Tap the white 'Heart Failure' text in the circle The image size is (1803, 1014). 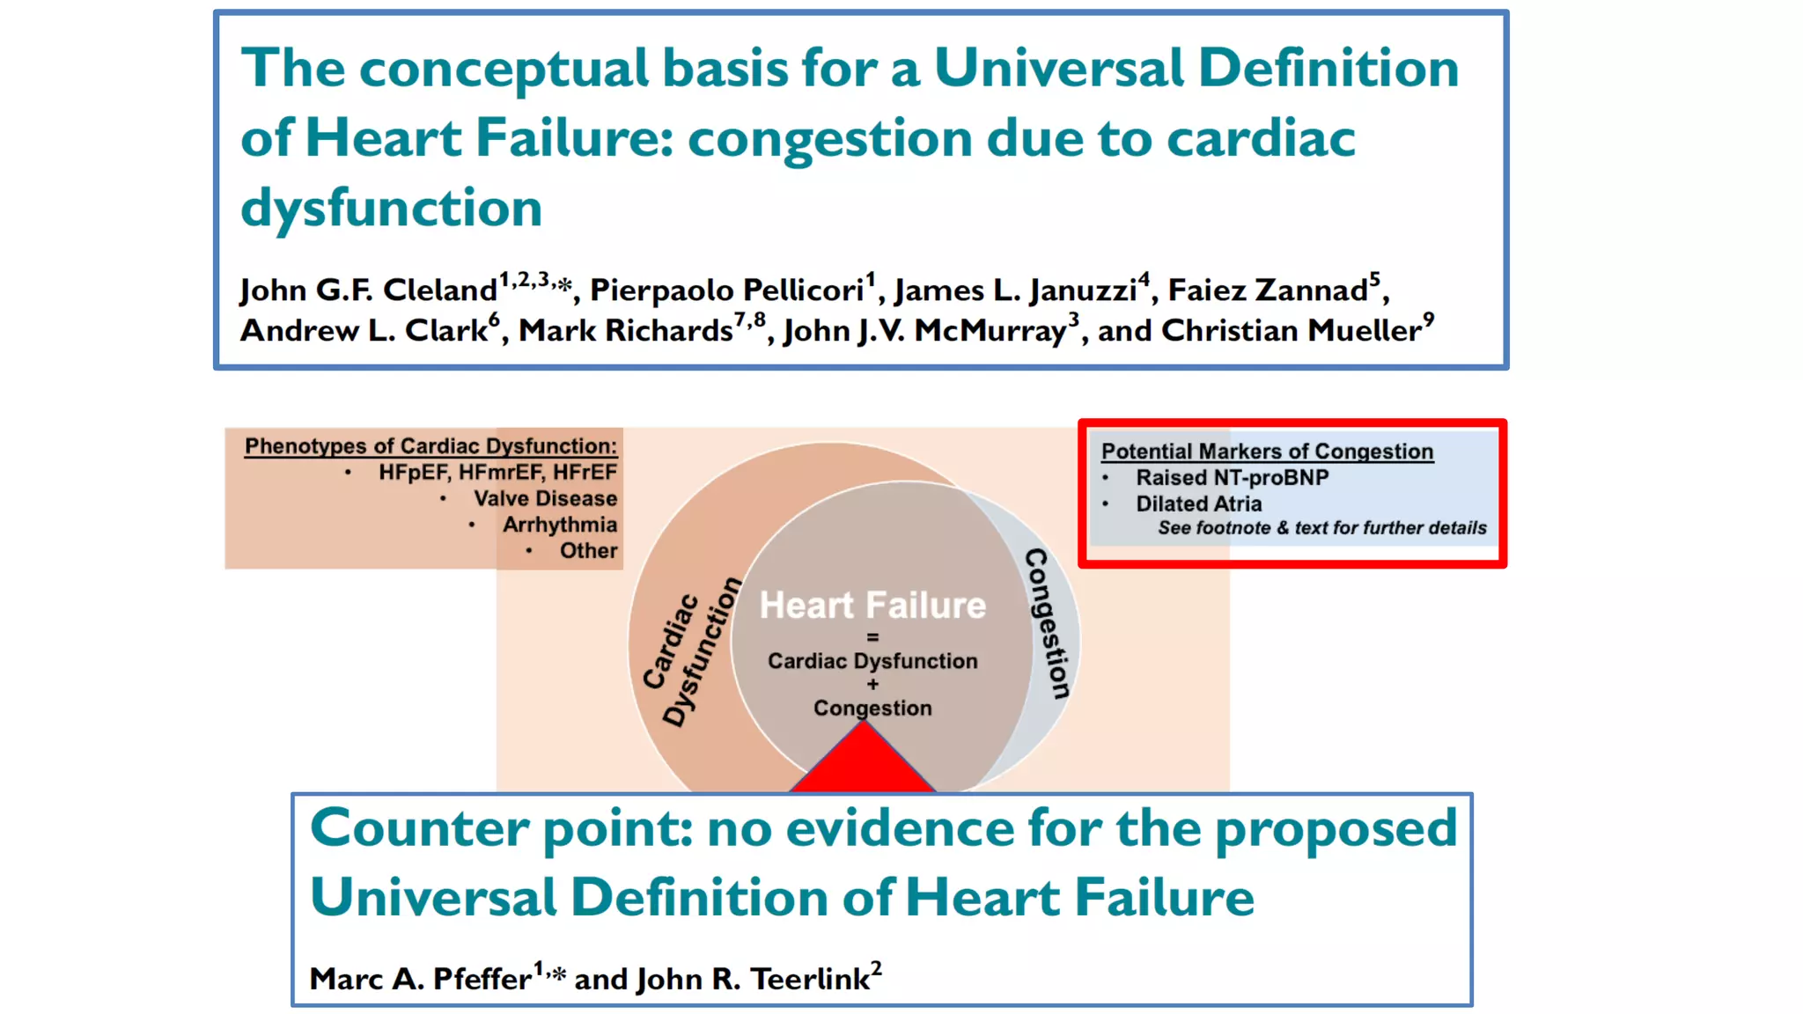click(872, 606)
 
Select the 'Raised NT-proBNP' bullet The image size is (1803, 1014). click(1232, 478)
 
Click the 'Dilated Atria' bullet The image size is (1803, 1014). click(1198, 504)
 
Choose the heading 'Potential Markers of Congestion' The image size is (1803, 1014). click(1267, 452)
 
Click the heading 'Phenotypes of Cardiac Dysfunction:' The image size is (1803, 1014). click(431, 446)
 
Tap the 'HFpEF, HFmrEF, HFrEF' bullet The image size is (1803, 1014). click(497, 473)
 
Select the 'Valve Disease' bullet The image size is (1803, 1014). click(545, 499)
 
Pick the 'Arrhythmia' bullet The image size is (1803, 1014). click(559, 525)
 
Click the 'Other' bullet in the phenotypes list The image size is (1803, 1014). click(588, 551)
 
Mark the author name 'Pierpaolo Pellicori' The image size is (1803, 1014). click(726, 290)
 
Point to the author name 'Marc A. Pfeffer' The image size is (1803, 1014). click(420, 979)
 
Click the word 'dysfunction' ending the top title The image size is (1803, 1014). click(391, 209)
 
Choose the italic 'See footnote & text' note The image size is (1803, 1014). click(1321, 528)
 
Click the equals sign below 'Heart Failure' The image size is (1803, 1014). click(872, 636)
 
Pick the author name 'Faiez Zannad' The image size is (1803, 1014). click(1268, 290)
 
